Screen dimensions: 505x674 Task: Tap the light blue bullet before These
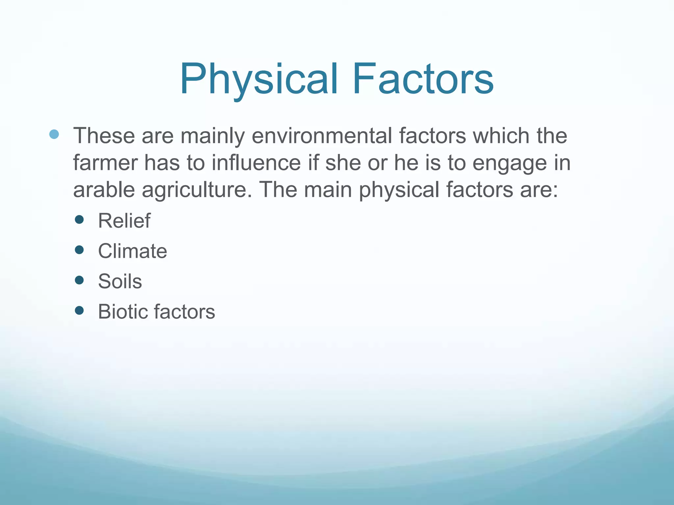click(x=54, y=134)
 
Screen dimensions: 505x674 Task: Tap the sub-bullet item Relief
click(x=124, y=221)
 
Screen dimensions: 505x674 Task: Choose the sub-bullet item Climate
click(x=132, y=251)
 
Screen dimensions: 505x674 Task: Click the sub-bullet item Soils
click(x=120, y=281)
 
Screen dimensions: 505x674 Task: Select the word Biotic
click(x=122, y=312)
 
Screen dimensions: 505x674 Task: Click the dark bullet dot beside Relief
click(x=79, y=220)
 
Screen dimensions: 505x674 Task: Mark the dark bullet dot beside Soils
click(x=79, y=280)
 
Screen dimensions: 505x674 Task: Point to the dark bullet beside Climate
click(x=79, y=250)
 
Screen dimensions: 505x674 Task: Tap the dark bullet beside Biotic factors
click(x=79, y=310)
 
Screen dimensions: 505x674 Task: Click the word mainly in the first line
click(x=212, y=136)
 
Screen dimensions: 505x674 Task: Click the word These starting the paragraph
click(x=104, y=136)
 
